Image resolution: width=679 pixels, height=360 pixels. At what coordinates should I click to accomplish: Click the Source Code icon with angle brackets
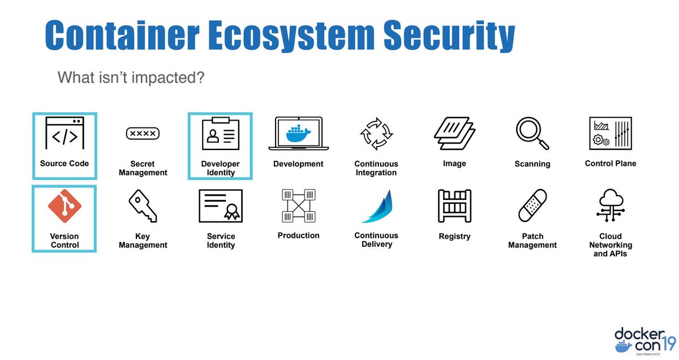pos(65,134)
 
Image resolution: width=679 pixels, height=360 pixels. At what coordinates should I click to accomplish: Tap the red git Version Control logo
pos(64,207)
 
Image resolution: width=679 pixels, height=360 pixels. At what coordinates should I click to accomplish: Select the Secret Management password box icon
pos(143,134)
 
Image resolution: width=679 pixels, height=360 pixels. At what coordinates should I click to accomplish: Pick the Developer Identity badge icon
pos(221,135)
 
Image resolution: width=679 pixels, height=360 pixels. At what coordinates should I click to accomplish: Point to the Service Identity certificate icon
pos(221,207)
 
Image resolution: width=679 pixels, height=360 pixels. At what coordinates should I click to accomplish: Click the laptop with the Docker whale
pos(298,134)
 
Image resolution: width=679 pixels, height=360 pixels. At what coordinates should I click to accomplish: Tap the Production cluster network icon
pos(298,205)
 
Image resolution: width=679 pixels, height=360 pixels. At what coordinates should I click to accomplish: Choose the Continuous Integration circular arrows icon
pos(376,134)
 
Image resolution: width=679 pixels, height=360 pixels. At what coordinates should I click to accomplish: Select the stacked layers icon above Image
pos(454,134)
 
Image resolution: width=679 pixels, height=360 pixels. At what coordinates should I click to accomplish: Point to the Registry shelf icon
pos(454,206)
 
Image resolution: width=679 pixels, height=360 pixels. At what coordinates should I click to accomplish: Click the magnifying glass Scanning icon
pos(532,134)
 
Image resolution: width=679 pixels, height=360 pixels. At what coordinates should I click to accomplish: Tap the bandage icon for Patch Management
pos(532,206)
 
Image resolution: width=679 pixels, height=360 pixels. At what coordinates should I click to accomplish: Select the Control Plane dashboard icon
pos(610,134)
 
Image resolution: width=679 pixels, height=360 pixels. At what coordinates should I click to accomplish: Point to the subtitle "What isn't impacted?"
pos(131,77)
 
